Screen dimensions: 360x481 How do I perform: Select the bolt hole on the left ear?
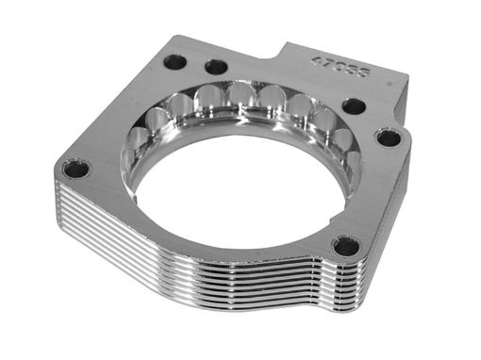click(76, 171)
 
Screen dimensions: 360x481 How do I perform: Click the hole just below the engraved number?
click(354, 106)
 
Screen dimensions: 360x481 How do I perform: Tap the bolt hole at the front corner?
click(345, 246)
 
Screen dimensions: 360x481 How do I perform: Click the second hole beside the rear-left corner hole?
click(216, 67)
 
